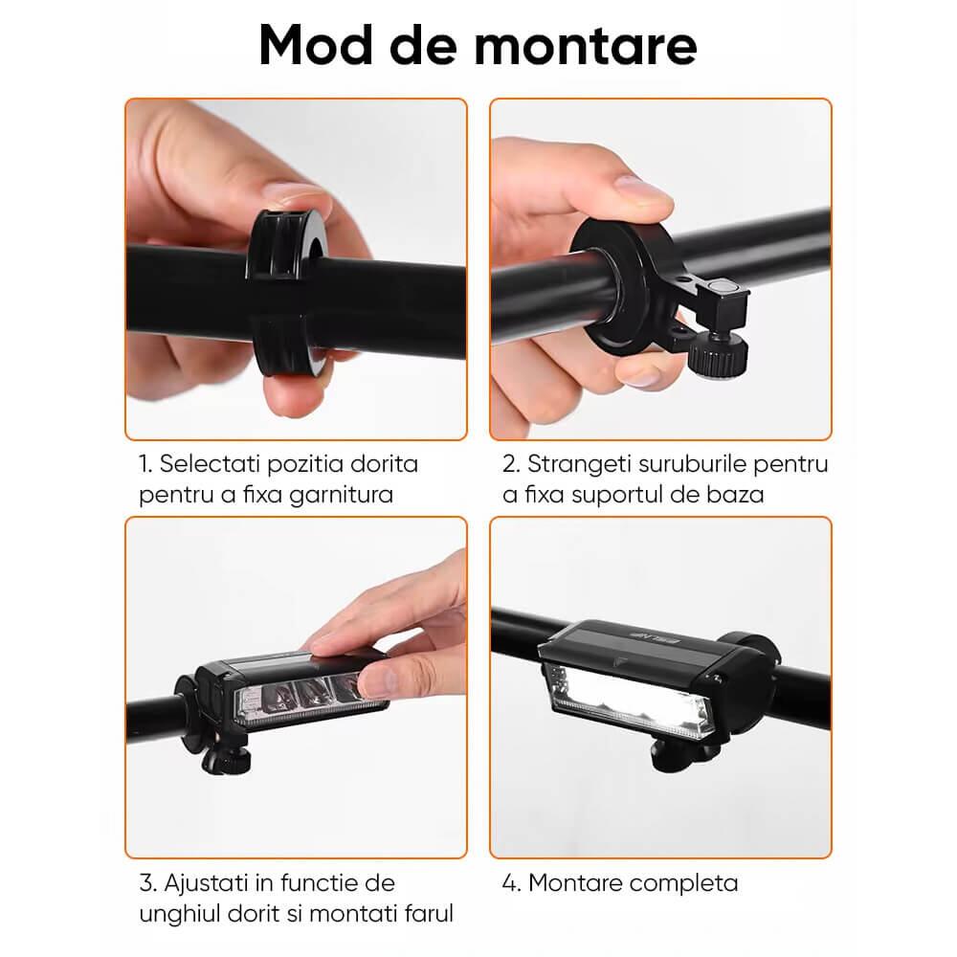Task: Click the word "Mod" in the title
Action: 316,45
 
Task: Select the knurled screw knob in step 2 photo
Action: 718,353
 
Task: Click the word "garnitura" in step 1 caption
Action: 341,495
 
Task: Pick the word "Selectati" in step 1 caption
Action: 210,464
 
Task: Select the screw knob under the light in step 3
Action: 226,761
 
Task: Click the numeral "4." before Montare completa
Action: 511,883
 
